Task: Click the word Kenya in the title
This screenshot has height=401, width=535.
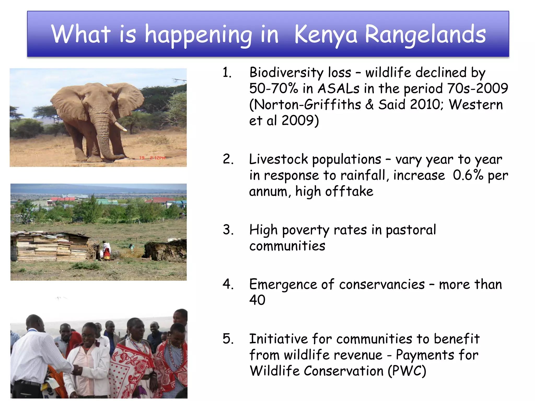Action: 325,34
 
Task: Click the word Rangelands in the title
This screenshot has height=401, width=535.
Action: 425,34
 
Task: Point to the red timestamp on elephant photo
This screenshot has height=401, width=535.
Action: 152,158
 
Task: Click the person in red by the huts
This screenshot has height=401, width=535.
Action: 106,251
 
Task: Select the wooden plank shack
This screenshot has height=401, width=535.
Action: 50,247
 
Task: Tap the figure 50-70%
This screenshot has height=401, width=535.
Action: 273,89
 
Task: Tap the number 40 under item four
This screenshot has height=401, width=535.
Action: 257,300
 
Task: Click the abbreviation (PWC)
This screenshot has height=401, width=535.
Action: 407,371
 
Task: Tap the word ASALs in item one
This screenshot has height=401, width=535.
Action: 338,89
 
